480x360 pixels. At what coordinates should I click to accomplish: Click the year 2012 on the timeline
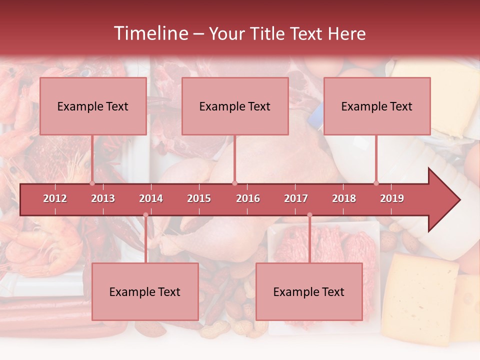[x=55, y=198]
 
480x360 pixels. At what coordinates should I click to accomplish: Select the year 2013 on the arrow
[x=103, y=198]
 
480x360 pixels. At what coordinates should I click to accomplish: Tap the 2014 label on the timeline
[x=151, y=198]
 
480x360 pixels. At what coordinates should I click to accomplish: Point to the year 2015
[x=199, y=198]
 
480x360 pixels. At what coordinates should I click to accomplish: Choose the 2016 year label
[x=248, y=198]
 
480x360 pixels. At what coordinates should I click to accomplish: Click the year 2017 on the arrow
[x=296, y=198]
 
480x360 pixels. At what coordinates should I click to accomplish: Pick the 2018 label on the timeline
[x=344, y=198]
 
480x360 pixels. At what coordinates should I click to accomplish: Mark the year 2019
[x=392, y=198]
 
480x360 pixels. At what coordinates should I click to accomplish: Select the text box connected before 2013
[x=93, y=106]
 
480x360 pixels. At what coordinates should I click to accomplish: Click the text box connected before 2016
[x=235, y=106]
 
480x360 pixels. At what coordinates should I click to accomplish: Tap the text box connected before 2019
[x=377, y=106]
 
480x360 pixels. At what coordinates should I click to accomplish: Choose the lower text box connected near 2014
[x=145, y=292]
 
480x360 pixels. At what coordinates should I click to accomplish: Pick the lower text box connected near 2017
[x=309, y=292]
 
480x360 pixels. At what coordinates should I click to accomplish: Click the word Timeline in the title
[x=149, y=33]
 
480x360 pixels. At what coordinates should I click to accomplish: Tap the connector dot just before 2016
[x=234, y=183]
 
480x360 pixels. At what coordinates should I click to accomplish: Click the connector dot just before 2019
[x=376, y=183]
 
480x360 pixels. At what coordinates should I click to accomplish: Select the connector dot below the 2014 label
[x=145, y=215]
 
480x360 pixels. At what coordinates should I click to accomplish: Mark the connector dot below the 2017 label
[x=309, y=215]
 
